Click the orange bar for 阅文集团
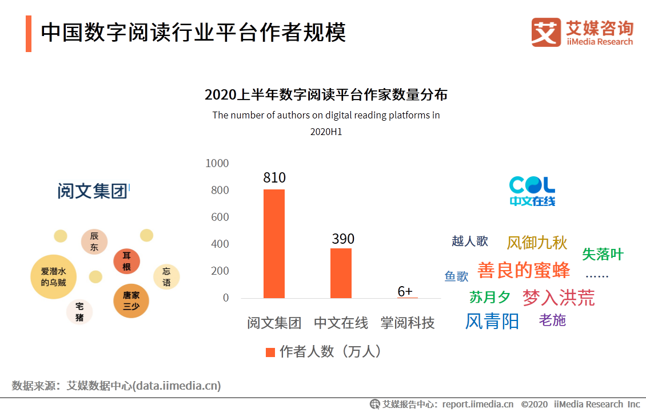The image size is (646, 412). [x=274, y=244]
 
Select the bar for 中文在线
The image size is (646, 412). [x=341, y=273]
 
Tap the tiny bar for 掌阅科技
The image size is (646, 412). [x=408, y=298]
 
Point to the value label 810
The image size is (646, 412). [x=274, y=178]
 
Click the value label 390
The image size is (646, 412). [x=343, y=239]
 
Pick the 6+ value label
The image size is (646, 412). [x=405, y=291]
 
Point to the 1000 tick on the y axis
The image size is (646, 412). [x=217, y=164]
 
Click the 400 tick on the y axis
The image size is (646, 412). [x=220, y=244]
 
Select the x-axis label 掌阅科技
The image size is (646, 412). [x=408, y=323]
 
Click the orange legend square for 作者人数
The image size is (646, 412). [x=270, y=352]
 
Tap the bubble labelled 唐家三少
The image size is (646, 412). [x=131, y=300]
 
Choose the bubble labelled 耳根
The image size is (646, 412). [x=126, y=262]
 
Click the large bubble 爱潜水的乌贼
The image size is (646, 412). [x=53, y=277]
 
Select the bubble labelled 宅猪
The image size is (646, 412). [x=79, y=312]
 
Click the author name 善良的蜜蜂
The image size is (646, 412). [x=524, y=270]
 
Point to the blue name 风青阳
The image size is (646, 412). [x=492, y=322]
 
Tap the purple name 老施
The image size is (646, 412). [x=552, y=320]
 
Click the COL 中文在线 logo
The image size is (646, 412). [x=532, y=191]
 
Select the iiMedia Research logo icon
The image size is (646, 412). [x=545, y=32]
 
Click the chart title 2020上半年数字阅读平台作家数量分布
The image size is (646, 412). [x=326, y=95]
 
